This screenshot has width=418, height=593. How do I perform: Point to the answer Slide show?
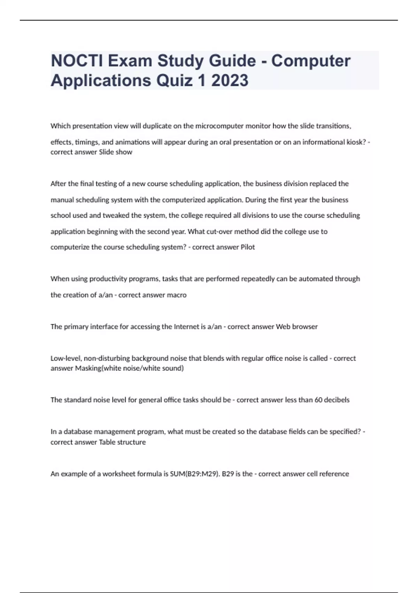coord(116,152)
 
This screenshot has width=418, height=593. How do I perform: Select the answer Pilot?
coord(248,247)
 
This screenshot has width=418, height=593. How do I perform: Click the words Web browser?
coord(296,327)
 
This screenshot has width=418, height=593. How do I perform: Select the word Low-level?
coord(65,358)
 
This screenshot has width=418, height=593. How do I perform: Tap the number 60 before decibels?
coord(318,400)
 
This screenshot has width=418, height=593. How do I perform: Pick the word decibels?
coord(336,400)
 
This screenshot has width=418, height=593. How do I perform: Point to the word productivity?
coord(108,279)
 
